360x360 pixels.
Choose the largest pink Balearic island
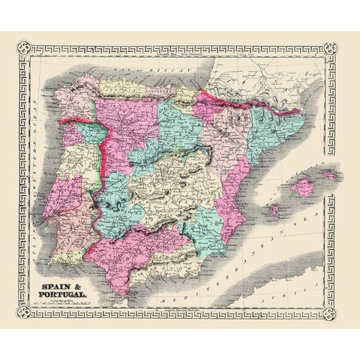click(x=302, y=185)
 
